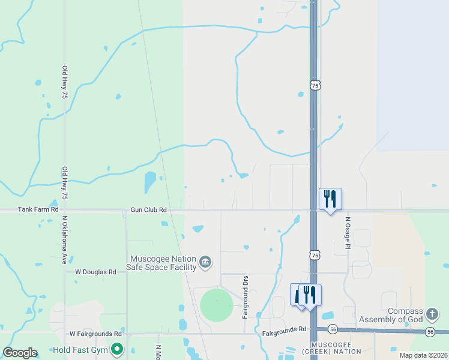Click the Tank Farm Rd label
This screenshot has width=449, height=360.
coord(38,209)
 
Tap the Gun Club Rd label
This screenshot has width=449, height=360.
coord(148,210)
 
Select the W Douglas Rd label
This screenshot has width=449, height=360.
coord(95,272)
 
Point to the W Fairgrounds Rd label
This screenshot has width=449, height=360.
coord(95,334)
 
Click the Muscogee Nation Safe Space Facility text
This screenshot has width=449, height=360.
coord(163,263)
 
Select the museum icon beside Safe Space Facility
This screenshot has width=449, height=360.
coord(205,262)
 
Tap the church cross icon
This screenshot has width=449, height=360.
coord(432,314)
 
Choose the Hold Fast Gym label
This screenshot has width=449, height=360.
coord(80,349)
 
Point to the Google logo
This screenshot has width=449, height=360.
coord(20,353)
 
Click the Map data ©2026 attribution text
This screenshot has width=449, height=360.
coord(423,355)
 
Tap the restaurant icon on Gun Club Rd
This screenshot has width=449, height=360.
coord(330,199)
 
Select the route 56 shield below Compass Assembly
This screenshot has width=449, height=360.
coord(430,331)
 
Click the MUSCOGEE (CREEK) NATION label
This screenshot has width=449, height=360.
coord(336,347)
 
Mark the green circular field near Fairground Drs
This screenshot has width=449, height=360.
coord(216,305)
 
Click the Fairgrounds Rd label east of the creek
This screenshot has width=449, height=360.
coord(285,329)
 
